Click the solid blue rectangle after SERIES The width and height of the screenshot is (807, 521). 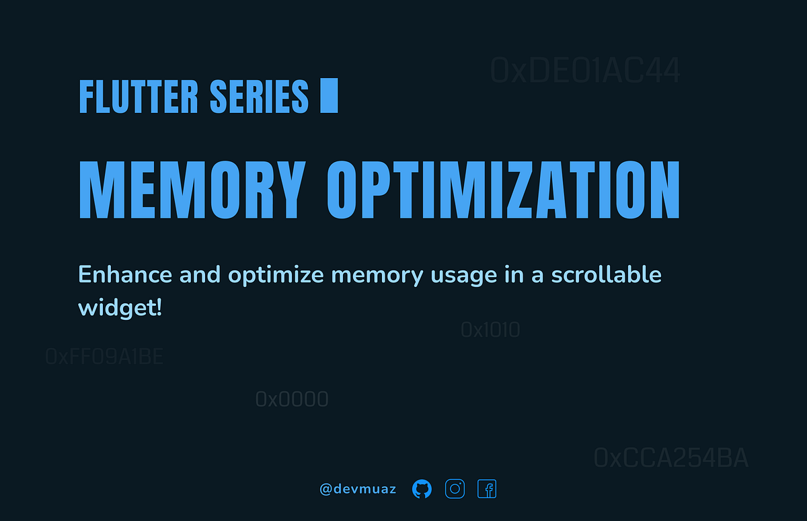(x=329, y=95)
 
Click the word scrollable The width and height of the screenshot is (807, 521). (x=606, y=275)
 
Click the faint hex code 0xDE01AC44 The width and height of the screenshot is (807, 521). (x=585, y=71)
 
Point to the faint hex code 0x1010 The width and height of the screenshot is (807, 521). (x=490, y=330)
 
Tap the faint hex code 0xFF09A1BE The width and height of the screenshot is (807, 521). (x=104, y=356)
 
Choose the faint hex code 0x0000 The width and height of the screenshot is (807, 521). (x=292, y=399)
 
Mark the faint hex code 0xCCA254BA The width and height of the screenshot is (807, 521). (x=670, y=458)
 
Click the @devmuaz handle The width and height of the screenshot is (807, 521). (x=358, y=489)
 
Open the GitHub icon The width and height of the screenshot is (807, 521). (x=422, y=489)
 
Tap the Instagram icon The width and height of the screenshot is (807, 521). (x=455, y=489)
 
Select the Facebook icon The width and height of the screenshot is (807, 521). (x=487, y=489)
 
